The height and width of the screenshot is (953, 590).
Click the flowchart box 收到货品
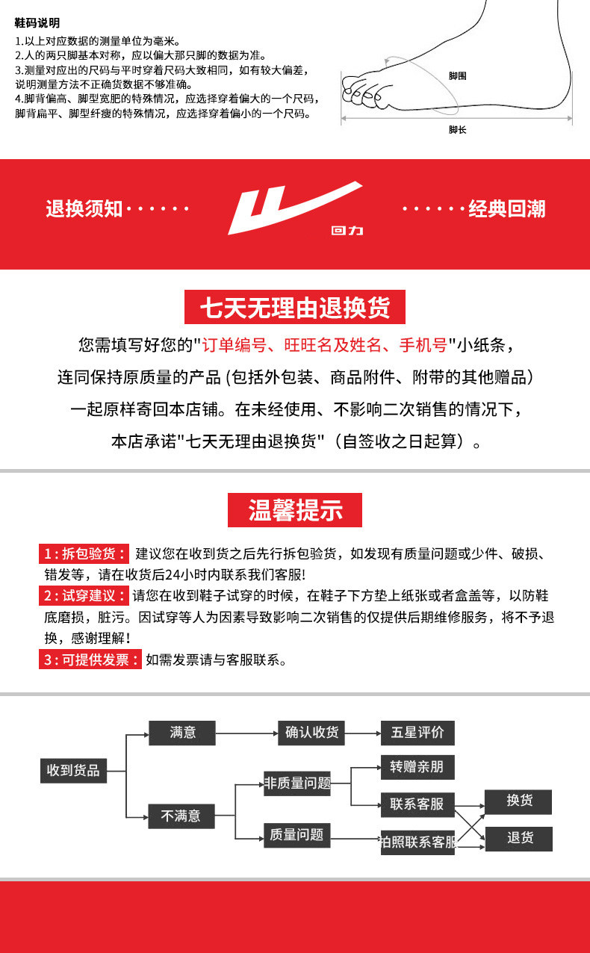click(x=73, y=770)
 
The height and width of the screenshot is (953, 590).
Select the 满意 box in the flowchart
click(x=182, y=733)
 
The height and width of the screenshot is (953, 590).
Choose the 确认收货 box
click(x=311, y=733)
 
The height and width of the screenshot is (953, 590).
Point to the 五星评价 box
click(x=417, y=733)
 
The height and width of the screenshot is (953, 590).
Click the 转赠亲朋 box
click(x=417, y=767)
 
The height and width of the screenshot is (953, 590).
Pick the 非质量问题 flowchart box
click(x=296, y=783)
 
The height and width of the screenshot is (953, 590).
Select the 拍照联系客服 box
click(x=417, y=842)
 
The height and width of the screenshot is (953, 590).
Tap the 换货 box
click(x=519, y=801)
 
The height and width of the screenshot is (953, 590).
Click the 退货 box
click(x=519, y=838)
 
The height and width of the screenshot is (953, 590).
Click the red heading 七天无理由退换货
click(x=295, y=307)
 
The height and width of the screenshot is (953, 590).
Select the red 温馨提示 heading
click(x=295, y=511)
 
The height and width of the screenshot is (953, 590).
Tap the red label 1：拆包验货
click(x=84, y=553)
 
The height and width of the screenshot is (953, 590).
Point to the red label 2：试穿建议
click(x=84, y=596)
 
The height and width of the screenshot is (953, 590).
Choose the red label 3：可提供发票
click(x=90, y=660)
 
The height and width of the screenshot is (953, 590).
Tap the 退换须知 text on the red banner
click(x=84, y=208)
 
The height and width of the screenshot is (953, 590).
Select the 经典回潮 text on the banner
click(x=506, y=208)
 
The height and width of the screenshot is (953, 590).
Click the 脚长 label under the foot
click(x=457, y=130)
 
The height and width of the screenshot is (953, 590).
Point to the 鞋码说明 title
click(x=37, y=24)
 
